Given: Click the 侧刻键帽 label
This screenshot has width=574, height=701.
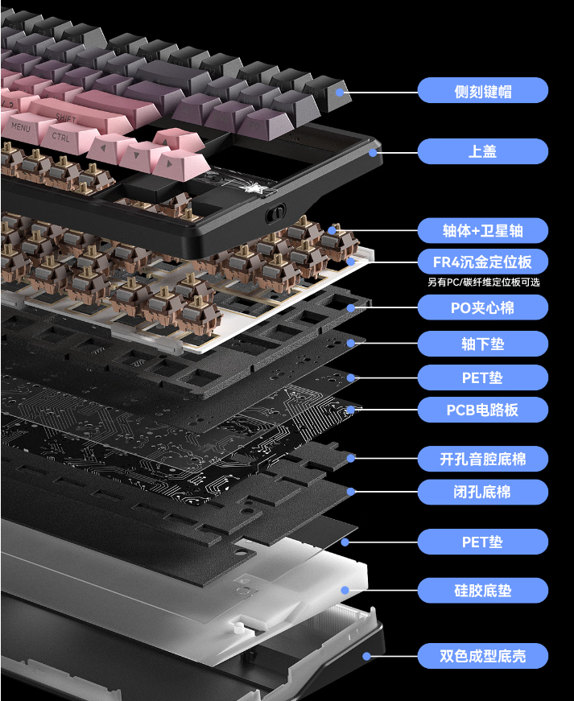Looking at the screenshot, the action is pos(482,91).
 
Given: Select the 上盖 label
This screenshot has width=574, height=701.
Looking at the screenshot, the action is pos(482,151).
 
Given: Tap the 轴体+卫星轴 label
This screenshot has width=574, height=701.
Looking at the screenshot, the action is pos(482,231).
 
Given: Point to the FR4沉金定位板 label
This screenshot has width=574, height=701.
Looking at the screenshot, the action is pos(482,262).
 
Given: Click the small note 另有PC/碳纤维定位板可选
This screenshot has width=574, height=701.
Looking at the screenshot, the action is pos(483,282).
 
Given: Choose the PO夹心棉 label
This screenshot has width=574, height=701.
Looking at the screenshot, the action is pos(482,307).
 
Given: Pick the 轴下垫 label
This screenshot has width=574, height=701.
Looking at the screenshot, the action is pos(482,344).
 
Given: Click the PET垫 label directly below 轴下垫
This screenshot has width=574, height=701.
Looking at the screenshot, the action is pos(482,377).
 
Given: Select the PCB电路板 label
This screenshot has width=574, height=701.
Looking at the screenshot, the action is pos(482,410).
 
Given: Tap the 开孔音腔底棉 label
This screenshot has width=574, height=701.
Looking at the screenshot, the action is pos(482,460).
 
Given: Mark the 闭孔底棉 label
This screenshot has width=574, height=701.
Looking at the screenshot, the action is pos(482,492).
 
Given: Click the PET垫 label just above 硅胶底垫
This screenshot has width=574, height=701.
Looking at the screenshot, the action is pos(482,542).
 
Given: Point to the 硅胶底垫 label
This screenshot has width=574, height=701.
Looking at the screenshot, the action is pos(482,591).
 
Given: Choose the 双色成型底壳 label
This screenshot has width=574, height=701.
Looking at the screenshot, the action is pos(482,656).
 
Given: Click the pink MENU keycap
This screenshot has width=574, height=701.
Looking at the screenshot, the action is pos(23,127).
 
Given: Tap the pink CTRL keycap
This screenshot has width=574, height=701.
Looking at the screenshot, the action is pos(61,137).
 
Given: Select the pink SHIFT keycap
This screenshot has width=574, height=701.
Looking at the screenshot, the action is pos(68,117).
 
